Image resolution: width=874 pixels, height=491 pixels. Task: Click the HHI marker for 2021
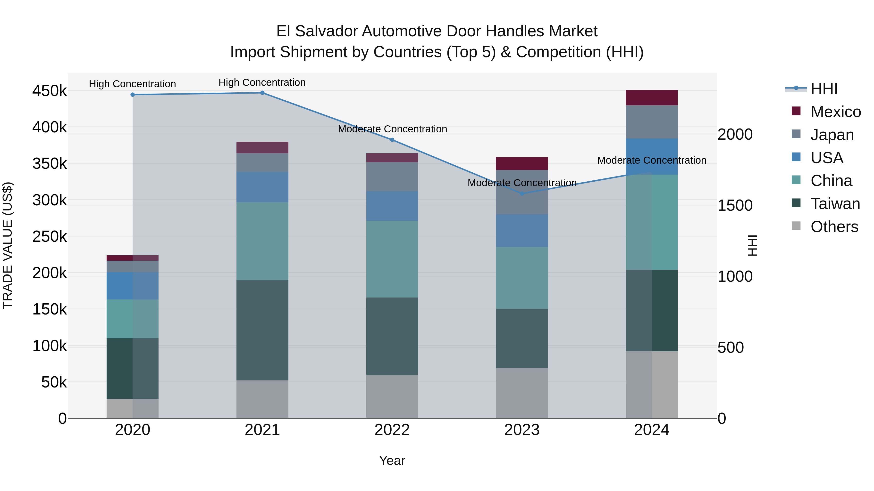point(262,93)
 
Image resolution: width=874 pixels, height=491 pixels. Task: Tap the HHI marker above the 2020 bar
point(133,95)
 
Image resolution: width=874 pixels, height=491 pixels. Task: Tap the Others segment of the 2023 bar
point(522,393)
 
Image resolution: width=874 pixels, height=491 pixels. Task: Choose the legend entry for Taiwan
point(835,204)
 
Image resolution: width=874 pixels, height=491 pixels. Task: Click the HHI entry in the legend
point(824,89)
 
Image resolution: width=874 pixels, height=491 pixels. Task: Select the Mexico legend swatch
point(796,111)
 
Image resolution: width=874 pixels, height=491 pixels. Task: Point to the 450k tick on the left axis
point(50,91)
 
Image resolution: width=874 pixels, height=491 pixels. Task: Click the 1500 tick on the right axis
point(735,205)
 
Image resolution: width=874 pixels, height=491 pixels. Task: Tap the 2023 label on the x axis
point(522,430)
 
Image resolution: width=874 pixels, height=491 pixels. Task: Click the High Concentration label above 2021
point(262,82)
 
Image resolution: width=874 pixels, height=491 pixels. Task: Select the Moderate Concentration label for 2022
point(392,129)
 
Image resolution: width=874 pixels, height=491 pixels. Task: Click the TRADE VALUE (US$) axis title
point(8,245)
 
